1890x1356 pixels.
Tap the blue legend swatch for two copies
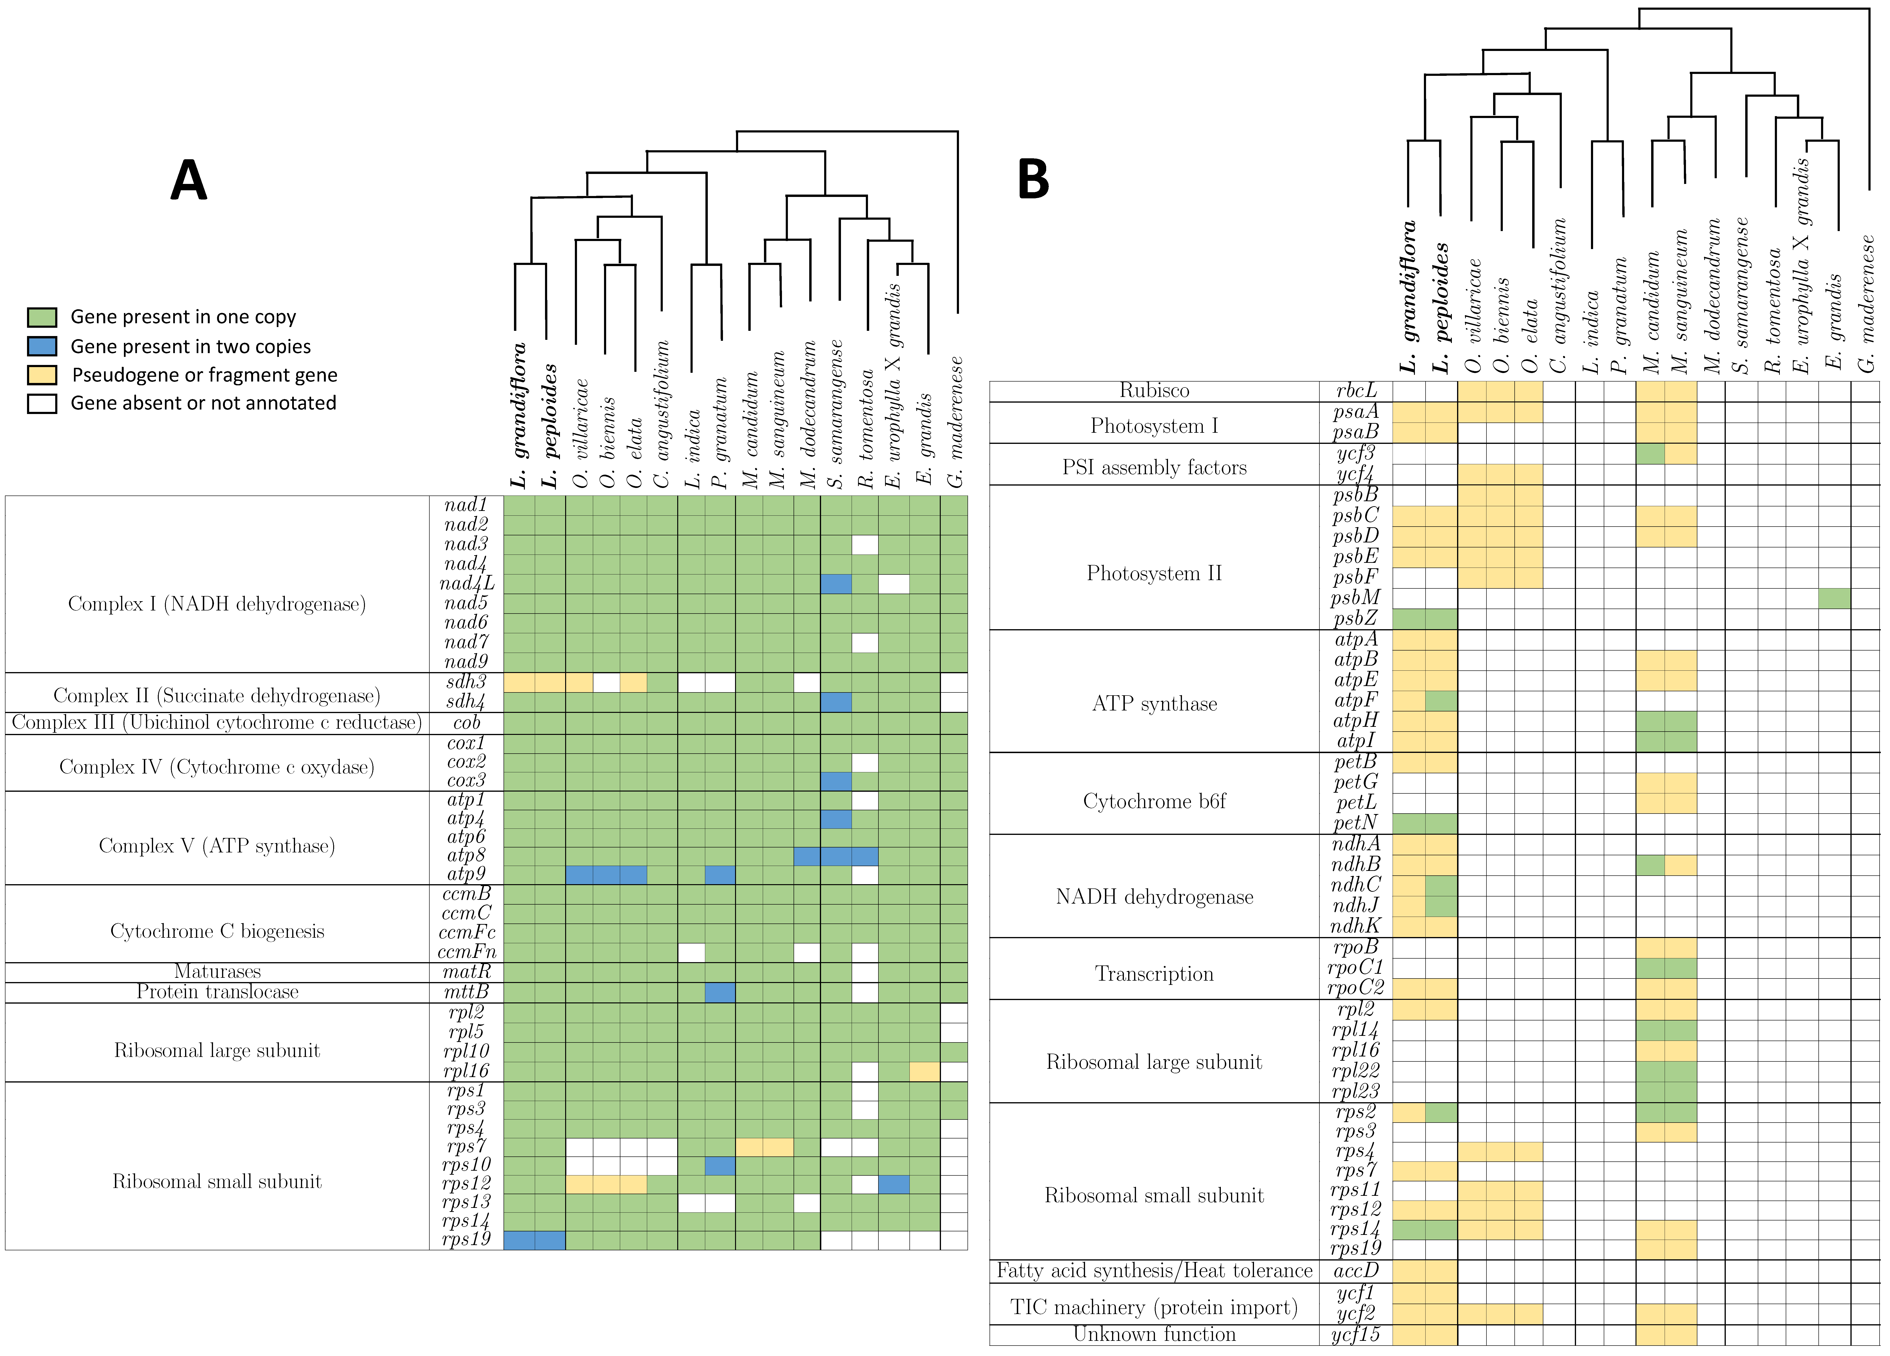42,346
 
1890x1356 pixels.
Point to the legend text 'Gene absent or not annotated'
203,403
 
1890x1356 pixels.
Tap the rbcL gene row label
1356,391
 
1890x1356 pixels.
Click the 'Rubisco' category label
1154,391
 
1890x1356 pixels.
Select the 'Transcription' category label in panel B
1154,974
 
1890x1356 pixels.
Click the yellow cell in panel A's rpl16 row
924,1071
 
